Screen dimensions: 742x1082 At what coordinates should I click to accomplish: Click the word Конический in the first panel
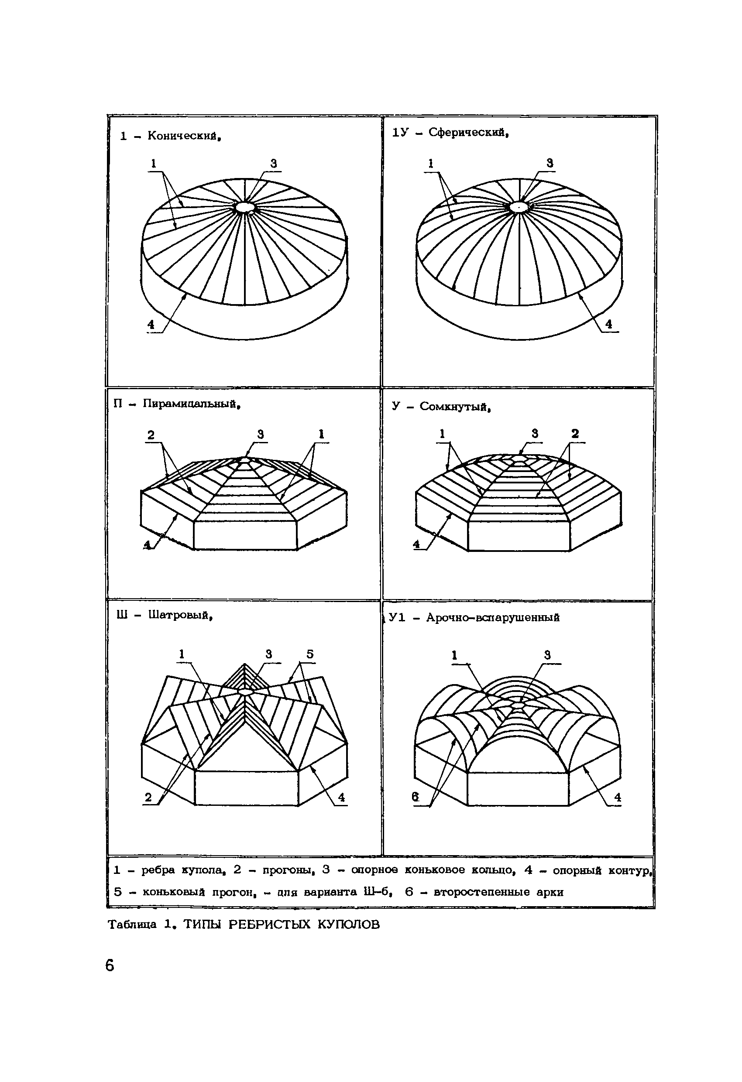[183, 136]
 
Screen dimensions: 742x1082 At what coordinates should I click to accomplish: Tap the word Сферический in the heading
[467, 133]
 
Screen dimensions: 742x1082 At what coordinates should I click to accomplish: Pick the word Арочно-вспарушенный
[492, 618]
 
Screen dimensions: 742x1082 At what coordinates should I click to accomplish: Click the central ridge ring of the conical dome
[243, 207]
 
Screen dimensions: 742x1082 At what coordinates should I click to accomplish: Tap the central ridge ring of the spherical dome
[517, 207]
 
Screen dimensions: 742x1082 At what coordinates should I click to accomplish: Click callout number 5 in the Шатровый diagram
[310, 654]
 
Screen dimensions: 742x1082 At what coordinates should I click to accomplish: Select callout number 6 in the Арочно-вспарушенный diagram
[416, 797]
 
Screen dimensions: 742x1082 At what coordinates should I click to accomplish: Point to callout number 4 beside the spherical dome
[608, 324]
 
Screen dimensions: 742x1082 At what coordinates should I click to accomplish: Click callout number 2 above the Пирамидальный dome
[151, 435]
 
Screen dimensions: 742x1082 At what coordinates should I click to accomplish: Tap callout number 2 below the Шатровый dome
[148, 797]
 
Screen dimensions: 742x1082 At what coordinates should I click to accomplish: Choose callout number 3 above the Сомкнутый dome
[535, 434]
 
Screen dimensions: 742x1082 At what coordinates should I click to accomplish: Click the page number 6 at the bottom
[110, 966]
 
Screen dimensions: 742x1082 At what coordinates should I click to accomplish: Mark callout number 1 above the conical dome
[153, 164]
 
